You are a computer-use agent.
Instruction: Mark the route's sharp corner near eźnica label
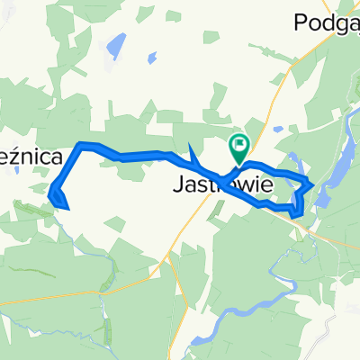point(83,145)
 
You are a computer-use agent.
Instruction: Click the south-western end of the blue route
point(67,207)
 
